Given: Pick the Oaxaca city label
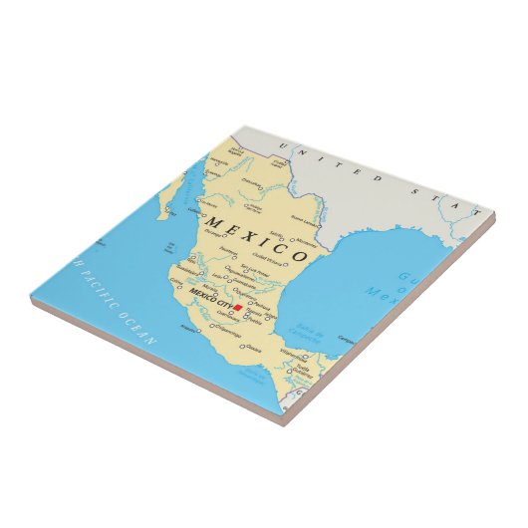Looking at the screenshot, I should [251, 348].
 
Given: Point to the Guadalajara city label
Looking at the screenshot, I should [187, 268].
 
